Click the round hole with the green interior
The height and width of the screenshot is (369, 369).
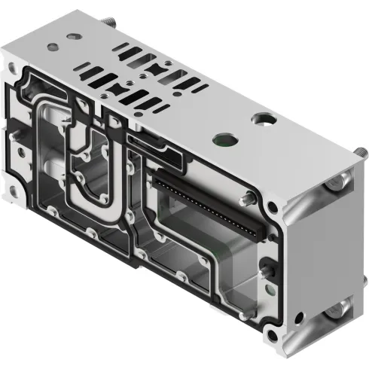[222, 138]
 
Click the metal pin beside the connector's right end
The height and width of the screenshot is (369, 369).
[247, 200]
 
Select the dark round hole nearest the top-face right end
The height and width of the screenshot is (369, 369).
[263, 119]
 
